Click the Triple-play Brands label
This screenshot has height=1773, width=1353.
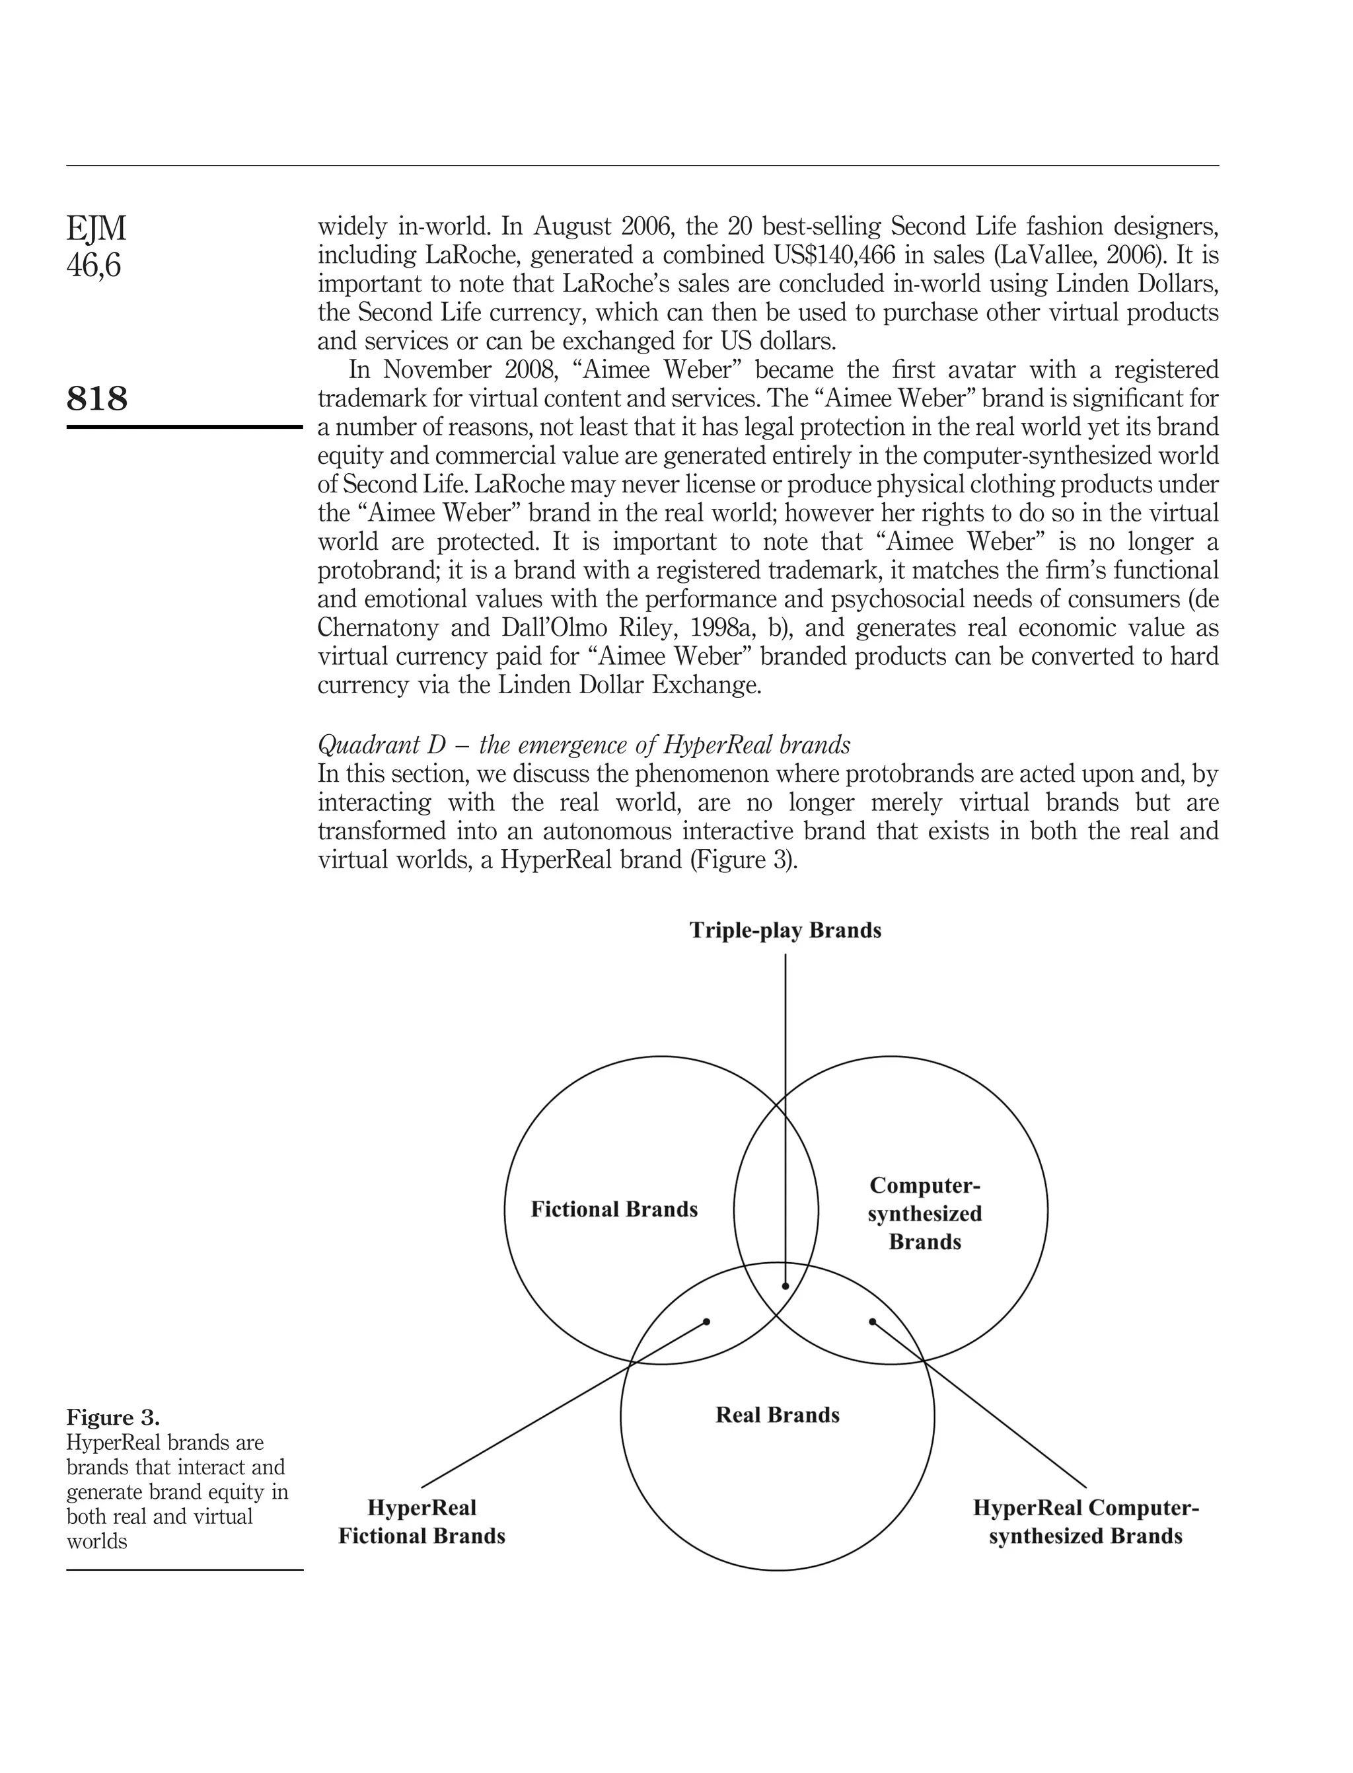pyautogui.click(x=786, y=930)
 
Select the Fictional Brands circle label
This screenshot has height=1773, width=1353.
pyautogui.click(x=614, y=1209)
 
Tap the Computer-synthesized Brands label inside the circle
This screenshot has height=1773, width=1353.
pyautogui.click(x=924, y=1213)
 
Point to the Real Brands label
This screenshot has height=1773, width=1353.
pyautogui.click(x=777, y=1415)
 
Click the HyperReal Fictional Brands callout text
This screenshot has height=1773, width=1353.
pyautogui.click(x=421, y=1522)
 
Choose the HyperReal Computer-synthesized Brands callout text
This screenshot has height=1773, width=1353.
pyautogui.click(x=1085, y=1522)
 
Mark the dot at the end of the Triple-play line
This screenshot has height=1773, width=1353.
pyautogui.click(x=786, y=1287)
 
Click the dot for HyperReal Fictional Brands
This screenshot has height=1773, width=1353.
pyautogui.click(x=706, y=1322)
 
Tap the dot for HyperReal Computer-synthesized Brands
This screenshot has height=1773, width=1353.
pyautogui.click(x=872, y=1322)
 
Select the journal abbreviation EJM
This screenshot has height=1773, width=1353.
pyautogui.click(x=96, y=229)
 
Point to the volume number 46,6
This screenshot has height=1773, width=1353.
pyautogui.click(x=93, y=265)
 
